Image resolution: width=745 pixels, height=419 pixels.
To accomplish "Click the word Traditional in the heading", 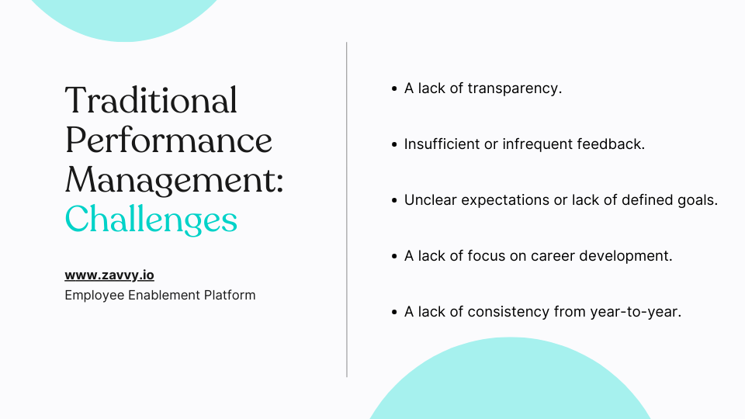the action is (151, 100).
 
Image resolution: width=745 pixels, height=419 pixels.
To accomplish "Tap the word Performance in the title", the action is (168, 140).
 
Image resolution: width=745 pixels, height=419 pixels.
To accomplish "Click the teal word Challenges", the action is (151, 220).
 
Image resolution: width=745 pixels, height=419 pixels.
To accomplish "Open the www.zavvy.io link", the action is (109, 275).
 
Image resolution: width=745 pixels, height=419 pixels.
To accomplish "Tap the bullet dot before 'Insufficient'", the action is (394, 144).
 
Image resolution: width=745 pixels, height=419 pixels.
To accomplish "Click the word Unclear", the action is (431, 200).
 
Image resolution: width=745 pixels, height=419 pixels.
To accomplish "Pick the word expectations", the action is (505, 200).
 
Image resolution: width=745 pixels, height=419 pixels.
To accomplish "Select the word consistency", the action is (508, 312).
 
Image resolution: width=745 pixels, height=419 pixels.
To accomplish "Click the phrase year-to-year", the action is (634, 312).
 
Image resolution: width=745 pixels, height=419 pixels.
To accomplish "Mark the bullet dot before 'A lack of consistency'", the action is (394, 312).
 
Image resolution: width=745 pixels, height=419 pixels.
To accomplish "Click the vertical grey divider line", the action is (347, 209).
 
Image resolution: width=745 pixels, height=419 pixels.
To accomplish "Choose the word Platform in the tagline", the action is (230, 295).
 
